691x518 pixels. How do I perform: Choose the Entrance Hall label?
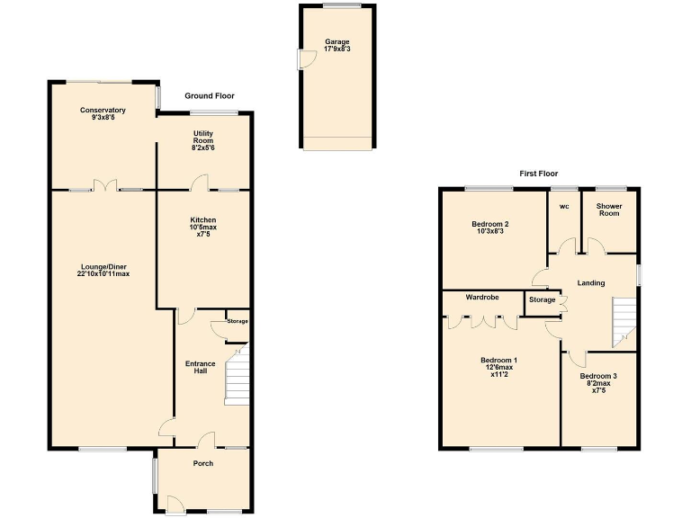pyautogui.click(x=200, y=367)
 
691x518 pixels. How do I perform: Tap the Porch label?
pyautogui.click(x=202, y=464)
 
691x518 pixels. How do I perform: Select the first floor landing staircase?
pyautogui.click(x=624, y=322)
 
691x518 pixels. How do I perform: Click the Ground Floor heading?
pyautogui.click(x=210, y=95)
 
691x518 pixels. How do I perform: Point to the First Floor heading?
pyautogui.click(x=538, y=174)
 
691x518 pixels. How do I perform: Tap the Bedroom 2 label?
pyautogui.click(x=490, y=228)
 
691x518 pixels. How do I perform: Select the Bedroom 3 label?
pyautogui.click(x=598, y=380)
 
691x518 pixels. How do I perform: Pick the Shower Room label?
pyautogui.click(x=609, y=210)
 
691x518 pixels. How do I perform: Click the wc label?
pyautogui.click(x=564, y=206)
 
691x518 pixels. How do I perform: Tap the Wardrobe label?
pyautogui.click(x=482, y=296)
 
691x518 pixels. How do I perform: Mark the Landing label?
pyautogui.click(x=591, y=283)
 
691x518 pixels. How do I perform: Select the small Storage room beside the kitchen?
pyautogui.click(x=237, y=322)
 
